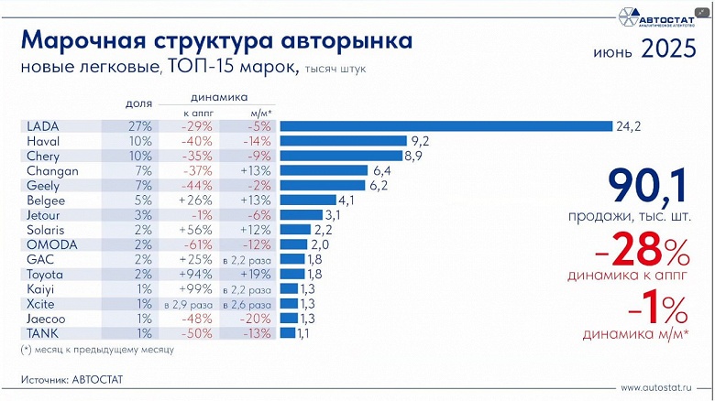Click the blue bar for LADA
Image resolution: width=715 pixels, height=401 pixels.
point(445,126)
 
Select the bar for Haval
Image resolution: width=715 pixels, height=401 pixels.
point(343,141)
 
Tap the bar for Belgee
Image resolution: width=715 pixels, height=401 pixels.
point(308,200)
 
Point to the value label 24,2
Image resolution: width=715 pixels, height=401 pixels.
point(629,126)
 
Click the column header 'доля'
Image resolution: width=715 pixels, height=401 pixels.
point(137,103)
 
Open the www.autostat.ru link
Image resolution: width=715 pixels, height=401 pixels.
point(654,386)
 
